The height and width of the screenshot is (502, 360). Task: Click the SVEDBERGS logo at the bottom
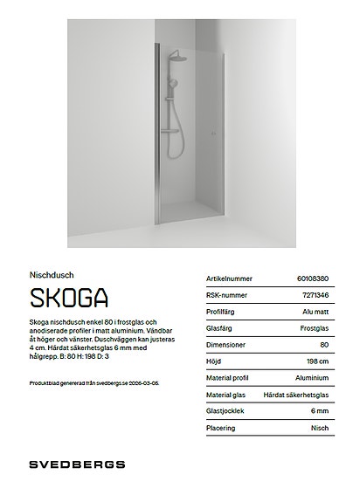coord(77,464)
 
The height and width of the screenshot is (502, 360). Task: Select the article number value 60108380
coord(313,279)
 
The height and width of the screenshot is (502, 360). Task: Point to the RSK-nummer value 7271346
coord(315,295)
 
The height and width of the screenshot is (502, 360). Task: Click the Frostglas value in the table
coord(314,328)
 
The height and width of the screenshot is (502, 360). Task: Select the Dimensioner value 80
coord(324,345)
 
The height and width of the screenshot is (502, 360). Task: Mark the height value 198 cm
coord(317,361)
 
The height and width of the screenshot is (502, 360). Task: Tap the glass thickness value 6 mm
coord(320,411)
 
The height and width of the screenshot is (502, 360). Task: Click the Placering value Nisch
coord(319,428)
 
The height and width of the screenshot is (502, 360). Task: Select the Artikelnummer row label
coord(228,279)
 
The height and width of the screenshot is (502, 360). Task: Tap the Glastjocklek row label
coord(225,411)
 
